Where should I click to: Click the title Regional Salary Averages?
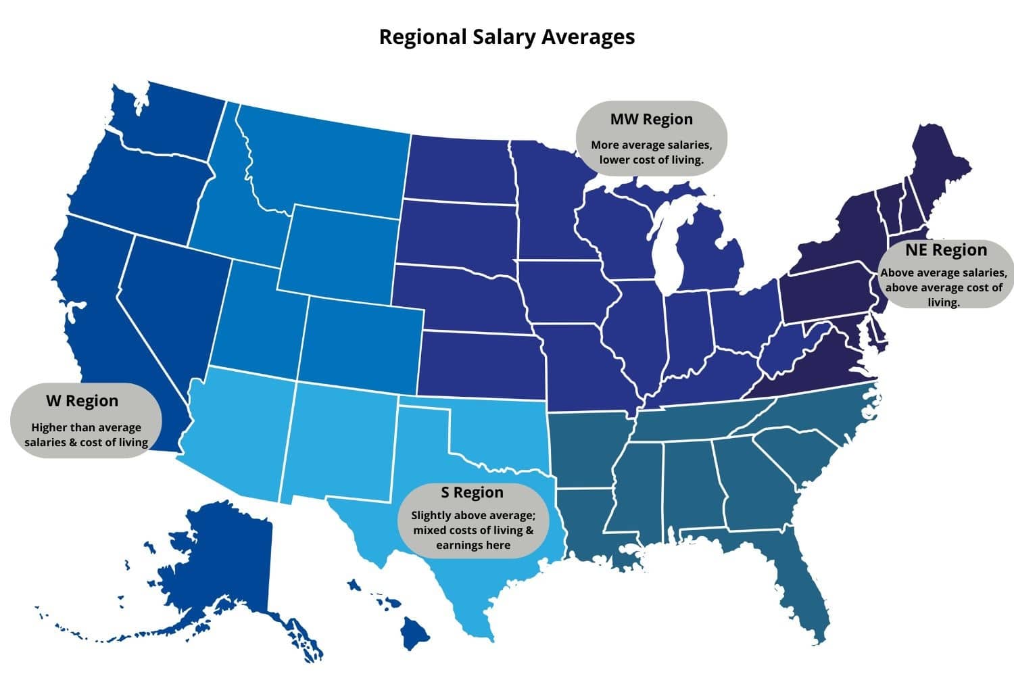coord(506,37)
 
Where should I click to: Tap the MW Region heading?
coord(651,120)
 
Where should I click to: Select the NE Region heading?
coord(946,250)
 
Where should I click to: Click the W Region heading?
coord(82,401)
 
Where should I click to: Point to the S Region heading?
coord(473,492)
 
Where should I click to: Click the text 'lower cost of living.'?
coord(651,160)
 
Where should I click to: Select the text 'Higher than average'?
coord(86,427)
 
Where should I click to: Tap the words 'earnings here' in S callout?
coord(473,545)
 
